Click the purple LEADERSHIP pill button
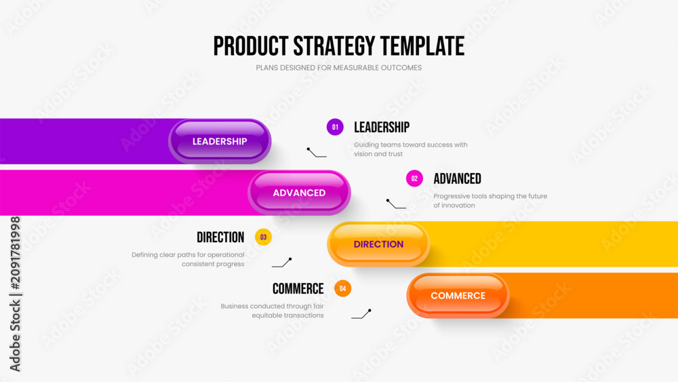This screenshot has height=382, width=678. pyautogui.click(x=220, y=141)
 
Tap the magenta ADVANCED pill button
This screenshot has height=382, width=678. pyautogui.click(x=299, y=193)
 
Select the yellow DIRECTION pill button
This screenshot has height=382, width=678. pyautogui.click(x=378, y=244)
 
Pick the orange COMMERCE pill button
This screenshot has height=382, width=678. pyautogui.click(x=458, y=295)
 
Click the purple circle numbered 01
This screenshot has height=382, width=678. pyautogui.click(x=335, y=127)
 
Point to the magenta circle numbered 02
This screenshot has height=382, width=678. pyautogui.click(x=414, y=178)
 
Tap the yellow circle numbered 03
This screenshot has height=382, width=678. pyautogui.click(x=263, y=237)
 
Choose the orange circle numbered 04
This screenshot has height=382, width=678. pyautogui.click(x=343, y=288)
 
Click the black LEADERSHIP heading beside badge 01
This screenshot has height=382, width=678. pyautogui.click(x=382, y=127)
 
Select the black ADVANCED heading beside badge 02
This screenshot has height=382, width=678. pyautogui.click(x=458, y=178)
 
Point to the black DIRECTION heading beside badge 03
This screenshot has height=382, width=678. pyautogui.click(x=220, y=237)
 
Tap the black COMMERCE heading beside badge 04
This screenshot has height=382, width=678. pyautogui.click(x=298, y=288)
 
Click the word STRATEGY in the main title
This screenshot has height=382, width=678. pyautogui.click(x=334, y=46)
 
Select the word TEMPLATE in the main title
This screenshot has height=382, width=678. pyautogui.click(x=422, y=46)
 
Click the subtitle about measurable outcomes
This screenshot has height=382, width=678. pyautogui.click(x=338, y=68)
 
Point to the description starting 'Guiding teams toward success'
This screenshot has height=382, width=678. pyautogui.click(x=411, y=149)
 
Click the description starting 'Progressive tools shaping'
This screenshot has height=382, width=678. pyautogui.click(x=490, y=201)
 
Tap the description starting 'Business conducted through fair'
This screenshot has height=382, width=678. pyautogui.click(x=273, y=311)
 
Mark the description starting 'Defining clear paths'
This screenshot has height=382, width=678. pyautogui.click(x=188, y=259)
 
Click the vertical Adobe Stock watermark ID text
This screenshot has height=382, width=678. pyautogui.click(x=15, y=294)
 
